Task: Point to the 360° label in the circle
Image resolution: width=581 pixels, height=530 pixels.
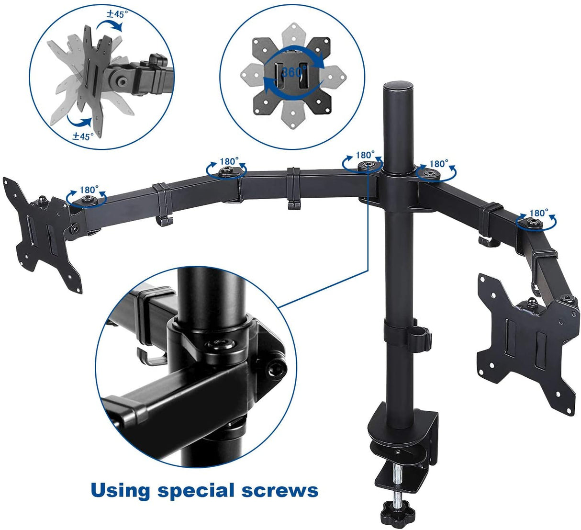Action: coord(293,73)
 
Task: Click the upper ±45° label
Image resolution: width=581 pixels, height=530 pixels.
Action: coord(117,14)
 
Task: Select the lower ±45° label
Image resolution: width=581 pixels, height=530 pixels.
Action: coord(83,136)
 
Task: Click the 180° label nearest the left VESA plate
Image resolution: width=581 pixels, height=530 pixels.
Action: coord(89,190)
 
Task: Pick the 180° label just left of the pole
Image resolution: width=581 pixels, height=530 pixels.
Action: coord(365,155)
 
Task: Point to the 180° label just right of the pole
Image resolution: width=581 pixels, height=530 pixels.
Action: coord(438,163)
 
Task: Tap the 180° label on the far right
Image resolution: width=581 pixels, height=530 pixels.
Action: coord(539,213)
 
